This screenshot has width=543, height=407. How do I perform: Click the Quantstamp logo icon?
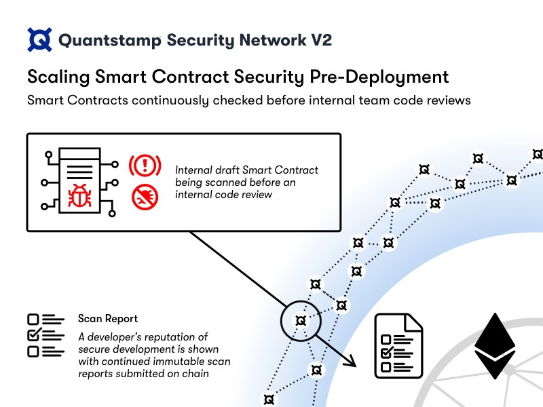(40, 40)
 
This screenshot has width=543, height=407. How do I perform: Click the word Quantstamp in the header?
(109, 41)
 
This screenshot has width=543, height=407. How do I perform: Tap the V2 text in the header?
(321, 40)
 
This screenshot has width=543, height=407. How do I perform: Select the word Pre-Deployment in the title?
(379, 77)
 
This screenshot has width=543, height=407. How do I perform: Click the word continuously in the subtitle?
(170, 100)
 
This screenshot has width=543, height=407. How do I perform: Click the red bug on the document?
(79, 196)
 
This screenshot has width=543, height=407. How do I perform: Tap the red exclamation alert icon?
(145, 166)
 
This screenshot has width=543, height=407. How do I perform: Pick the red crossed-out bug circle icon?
(145, 197)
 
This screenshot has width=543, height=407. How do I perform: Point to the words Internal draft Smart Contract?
(246, 170)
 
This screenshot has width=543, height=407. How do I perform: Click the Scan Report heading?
(108, 318)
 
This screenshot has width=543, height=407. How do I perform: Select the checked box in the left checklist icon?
(35, 334)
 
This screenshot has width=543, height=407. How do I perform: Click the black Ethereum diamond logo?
(495, 346)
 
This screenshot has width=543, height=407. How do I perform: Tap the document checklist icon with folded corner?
(398, 346)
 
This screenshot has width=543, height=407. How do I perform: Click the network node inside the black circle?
(301, 321)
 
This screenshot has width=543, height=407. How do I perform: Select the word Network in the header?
(273, 40)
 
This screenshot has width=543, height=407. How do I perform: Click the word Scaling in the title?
(58, 77)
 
